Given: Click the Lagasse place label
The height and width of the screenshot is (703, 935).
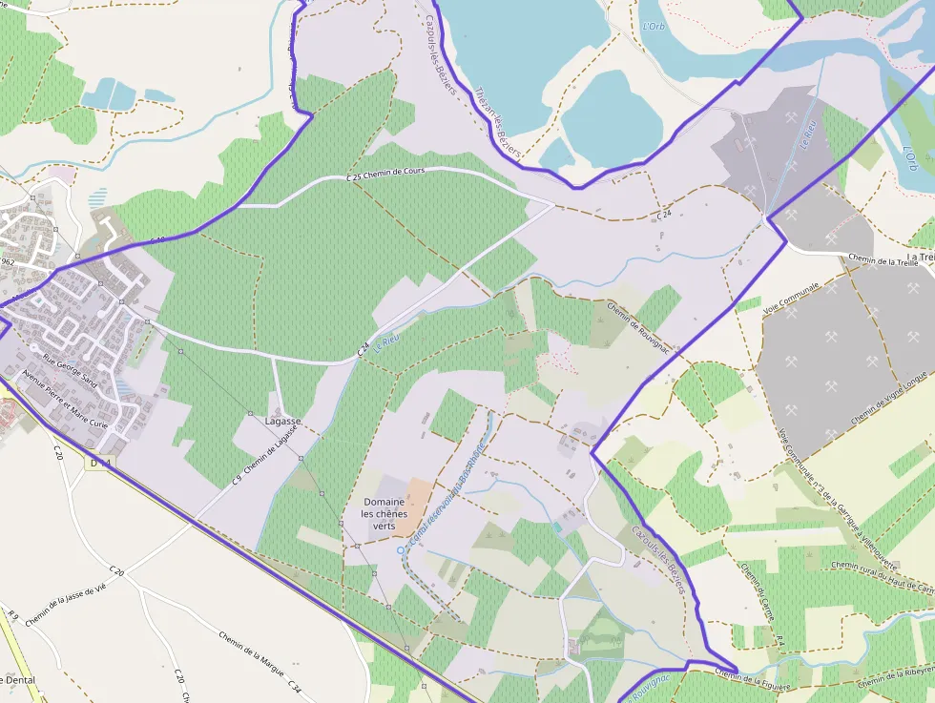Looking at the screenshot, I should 282,421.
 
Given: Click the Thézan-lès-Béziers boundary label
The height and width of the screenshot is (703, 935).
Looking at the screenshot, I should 497,120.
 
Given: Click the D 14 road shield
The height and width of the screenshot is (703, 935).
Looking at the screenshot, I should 99,463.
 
